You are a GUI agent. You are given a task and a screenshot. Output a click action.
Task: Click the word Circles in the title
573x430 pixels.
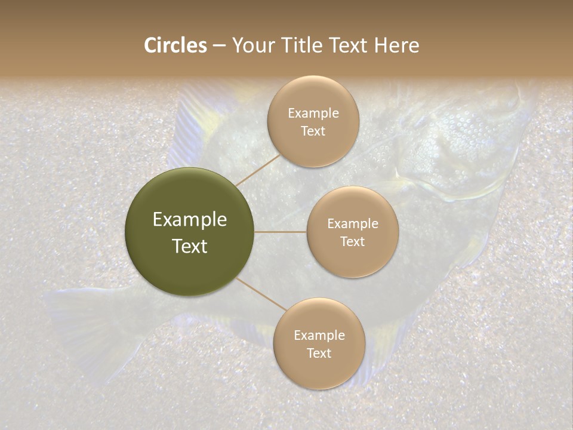175,45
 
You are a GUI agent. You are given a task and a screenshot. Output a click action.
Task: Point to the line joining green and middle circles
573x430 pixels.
281,232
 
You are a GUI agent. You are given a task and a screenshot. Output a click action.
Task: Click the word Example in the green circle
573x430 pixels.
190,220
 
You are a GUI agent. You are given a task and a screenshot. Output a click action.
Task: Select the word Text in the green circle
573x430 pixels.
190,246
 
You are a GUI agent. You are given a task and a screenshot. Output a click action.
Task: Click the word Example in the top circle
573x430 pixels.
313,113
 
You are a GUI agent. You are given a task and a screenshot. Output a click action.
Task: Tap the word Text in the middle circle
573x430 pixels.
352,241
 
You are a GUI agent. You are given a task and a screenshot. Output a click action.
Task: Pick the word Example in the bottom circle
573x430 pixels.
319,335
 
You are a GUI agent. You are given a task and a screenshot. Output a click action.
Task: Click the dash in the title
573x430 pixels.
219,46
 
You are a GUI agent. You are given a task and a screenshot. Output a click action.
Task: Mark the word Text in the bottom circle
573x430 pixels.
319,353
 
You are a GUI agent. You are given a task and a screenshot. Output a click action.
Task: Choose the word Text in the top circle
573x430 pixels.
313,131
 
